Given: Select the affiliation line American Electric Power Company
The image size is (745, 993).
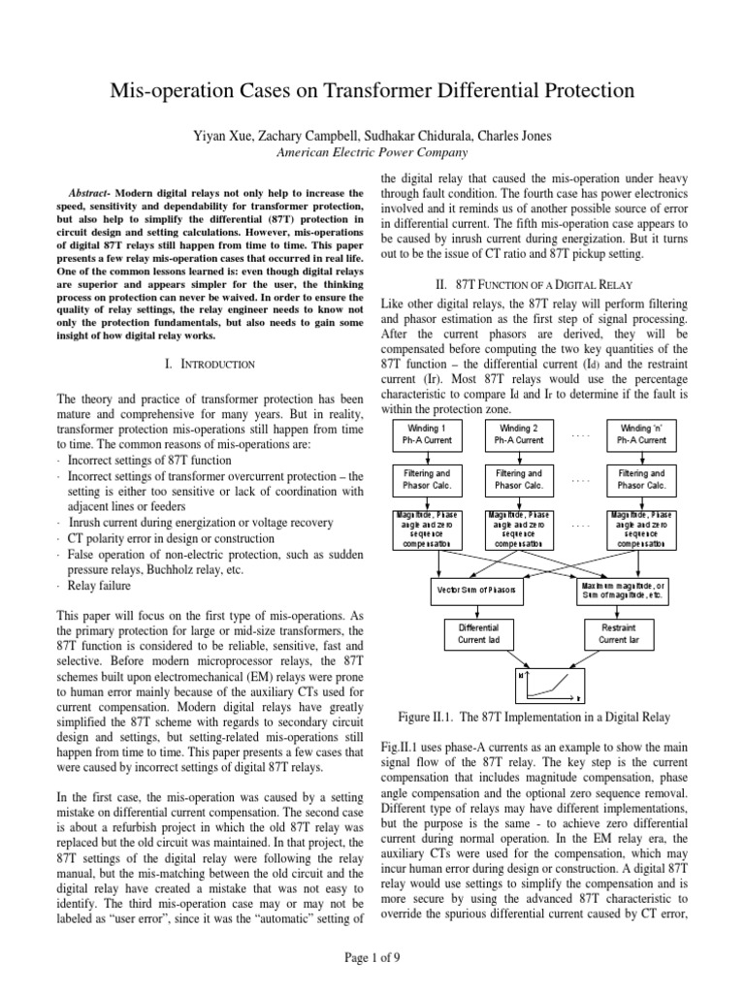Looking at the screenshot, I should pos(372,152).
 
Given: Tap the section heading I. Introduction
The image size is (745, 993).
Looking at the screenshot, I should pos(210,363).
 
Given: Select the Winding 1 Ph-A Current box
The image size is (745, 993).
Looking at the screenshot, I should pos(431,433).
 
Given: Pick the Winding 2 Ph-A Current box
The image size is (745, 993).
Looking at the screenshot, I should pos(525,433).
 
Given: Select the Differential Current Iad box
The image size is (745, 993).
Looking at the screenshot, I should pos(477,633).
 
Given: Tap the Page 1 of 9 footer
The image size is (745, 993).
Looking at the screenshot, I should pos(372,958).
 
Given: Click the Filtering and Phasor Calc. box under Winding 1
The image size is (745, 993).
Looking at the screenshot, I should pos(431,479).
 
